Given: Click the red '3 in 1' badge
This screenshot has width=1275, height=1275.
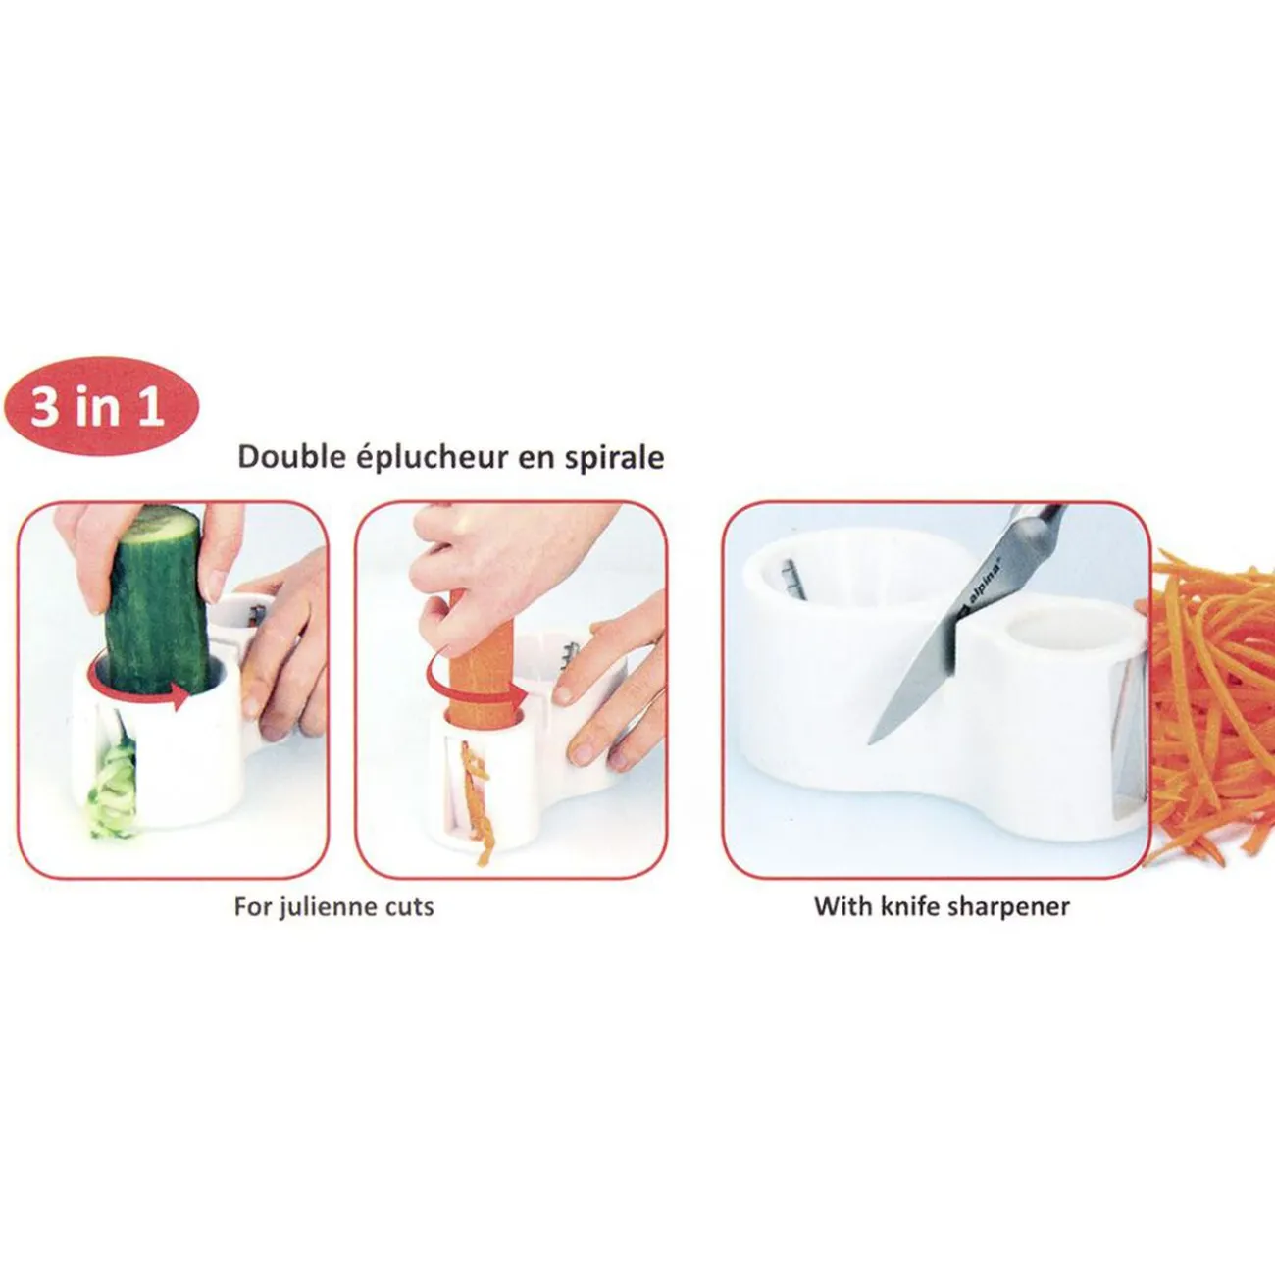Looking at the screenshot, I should [99, 406].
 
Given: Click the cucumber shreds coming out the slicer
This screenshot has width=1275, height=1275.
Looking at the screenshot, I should [116, 790].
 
